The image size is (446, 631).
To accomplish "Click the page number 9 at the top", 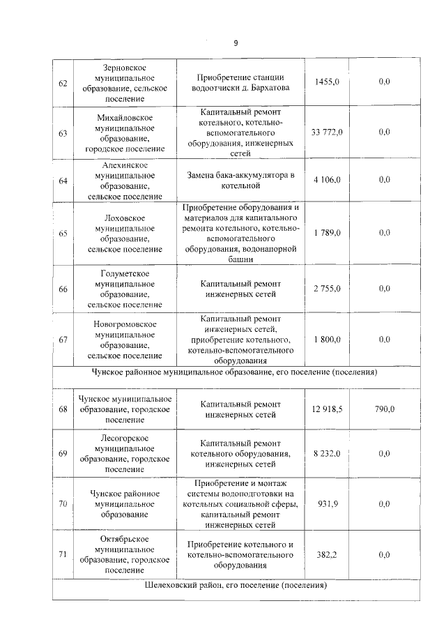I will pyautogui.click(x=236, y=43).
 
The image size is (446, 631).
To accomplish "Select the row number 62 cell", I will pyautogui.click(x=63, y=82).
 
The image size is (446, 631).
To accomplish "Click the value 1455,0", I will pyautogui.click(x=326, y=82).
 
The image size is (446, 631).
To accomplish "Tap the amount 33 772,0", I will pyautogui.click(x=326, y=132).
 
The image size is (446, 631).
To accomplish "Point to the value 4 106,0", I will pyautogui.click(x=326, y=180).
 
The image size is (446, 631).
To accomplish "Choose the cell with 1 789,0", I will pyautogui.click(x=326, y=233).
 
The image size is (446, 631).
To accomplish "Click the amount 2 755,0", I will pyautogui.click(x=326, y=288).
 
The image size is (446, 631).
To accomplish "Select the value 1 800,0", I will pyautogui.click(x=326, y=340).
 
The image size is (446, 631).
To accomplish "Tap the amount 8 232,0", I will pyautogui.click(x=326, y=453).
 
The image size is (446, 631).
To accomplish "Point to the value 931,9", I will pyautogui.click(x=326, y=504).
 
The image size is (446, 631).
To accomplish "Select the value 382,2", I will pyautogui.click(x=326, y=554).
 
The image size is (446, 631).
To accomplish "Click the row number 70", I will pyautogui.click(x=63, y=504).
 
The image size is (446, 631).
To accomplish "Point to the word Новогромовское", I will pyautogui.click(x=125, y=324).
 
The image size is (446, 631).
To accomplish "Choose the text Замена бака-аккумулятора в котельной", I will pyautogui.click(x=240, y=180).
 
